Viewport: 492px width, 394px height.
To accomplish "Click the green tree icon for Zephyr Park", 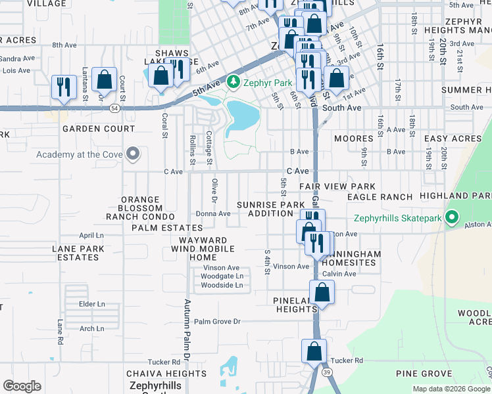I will pyautogui.click(x=232, y=82).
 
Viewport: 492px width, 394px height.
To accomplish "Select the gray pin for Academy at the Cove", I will pyautogui.click(x=133, y=154).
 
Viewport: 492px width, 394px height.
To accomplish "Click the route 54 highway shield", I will pyautogui.click(x=114, y=106).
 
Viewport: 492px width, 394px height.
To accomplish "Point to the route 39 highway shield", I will pyautogui.click(x=327, y=372).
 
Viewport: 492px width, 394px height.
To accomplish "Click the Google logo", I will pyautogui.click(x=22, y=386).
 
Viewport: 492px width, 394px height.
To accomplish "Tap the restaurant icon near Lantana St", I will pyautogui.click(x=64, y=87).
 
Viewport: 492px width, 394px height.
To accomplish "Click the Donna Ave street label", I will pyautogui.click(x=213, y=213).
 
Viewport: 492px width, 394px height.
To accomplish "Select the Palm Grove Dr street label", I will pyautogui.click(x=218, y=322).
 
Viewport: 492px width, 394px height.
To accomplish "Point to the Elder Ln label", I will pyautogui.click(x=91, y=304).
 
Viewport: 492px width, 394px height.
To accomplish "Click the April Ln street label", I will pyautogui.click(x=91, y=235).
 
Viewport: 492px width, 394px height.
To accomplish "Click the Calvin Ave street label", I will pyautogui.click(x=339, y=274).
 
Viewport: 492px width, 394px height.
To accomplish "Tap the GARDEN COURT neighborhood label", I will pyautogui.click(x=89, y=129).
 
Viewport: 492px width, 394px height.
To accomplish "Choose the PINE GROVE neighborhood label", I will pyautogui.click(x=424, y=374).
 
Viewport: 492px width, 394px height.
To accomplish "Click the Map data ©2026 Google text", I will pyautogui.click(x=451, y=389).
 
